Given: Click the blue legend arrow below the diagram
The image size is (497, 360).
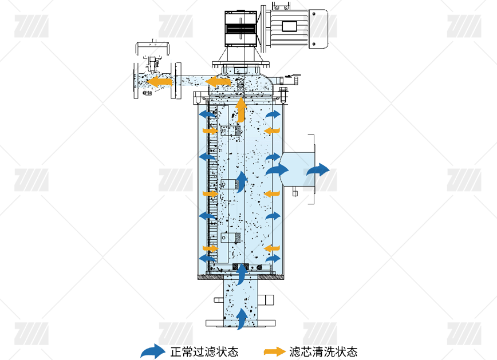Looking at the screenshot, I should point(153,351).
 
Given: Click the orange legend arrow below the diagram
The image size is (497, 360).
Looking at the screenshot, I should point(275,351).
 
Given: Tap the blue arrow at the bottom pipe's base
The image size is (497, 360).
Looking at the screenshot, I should point(242,319).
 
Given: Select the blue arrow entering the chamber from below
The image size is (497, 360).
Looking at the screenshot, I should point(242,275).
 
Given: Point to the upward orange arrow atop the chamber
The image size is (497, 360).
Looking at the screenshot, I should point(241,109).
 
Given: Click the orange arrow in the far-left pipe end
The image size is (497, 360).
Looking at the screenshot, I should point(160,82).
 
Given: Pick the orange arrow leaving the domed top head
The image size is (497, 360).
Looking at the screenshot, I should point(218,82).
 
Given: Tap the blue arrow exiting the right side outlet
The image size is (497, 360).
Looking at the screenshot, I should point(318,170).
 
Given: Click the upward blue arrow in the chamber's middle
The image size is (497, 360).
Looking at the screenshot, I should point(242,181).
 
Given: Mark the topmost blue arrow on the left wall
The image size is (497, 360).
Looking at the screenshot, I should point(207,114).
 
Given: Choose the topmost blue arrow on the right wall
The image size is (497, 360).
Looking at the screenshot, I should point(274,114).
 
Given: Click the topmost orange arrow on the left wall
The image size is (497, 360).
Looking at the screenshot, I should point(210,131).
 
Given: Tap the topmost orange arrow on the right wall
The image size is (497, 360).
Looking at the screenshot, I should point(271,131).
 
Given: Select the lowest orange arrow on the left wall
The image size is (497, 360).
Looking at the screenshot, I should point(210,248).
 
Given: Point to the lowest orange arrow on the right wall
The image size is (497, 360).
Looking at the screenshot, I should point(271,248).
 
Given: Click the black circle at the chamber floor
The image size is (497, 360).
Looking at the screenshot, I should point(259,267).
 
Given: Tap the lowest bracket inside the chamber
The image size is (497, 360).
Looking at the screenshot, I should point(230,238).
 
